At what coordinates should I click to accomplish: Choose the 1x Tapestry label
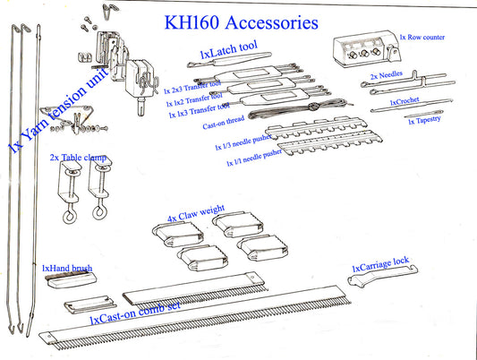(424, 121)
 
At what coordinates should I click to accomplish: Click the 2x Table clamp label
(79, 157)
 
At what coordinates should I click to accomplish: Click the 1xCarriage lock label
(380, 262)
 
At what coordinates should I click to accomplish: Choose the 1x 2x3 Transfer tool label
(192, 89)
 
